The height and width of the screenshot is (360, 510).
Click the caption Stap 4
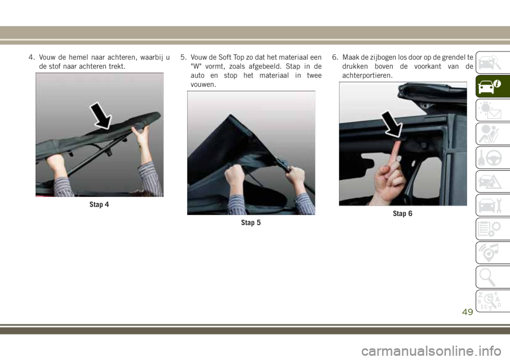click(99, 204)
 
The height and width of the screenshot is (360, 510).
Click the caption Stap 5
click(251, 223)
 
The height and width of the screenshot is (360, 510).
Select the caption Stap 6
click(402, 213)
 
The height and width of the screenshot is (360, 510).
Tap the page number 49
click(467, 312)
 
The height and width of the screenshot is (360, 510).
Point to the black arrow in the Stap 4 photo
click(101, 116)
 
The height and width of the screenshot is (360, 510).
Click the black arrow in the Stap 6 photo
click(393, 124)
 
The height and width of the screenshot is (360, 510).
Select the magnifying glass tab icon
click(488, 277)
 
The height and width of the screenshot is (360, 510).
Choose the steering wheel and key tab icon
click(489, 158)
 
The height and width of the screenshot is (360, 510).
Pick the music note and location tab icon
click(489, 253)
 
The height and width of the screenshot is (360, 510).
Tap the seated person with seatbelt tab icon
click(489, 134)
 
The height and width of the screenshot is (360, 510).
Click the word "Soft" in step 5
click(225, 57)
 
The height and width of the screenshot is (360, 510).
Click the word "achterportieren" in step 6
click(367, 76)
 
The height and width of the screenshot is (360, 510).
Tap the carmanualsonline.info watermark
click(431, 352)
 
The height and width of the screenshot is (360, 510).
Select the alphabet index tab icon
click(489, 301)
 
